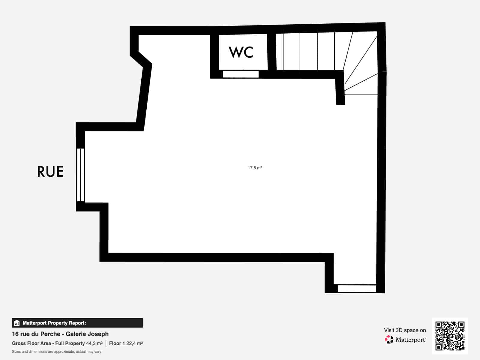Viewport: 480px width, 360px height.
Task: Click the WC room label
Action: (241, 52)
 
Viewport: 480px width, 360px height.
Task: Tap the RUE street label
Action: (50, 172)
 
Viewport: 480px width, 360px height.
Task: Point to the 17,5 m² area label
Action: (255, 168)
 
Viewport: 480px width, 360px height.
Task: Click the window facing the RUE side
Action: (80, 175)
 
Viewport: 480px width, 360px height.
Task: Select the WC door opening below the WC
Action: (241, 74)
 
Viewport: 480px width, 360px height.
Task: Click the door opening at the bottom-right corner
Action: (357, 289)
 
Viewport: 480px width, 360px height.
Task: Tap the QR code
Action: (450, 336)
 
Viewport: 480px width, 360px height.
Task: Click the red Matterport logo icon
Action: (389, 340)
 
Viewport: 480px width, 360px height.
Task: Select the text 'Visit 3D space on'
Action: (405, 330)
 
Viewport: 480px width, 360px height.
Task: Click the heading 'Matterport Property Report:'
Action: (55, 323)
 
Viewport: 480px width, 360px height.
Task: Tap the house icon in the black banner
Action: (17, 323)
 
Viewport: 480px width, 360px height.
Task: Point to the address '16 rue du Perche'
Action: (36, 334)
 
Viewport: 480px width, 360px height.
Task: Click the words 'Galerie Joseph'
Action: (87, 334)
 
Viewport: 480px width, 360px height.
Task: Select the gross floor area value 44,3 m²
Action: (94, 343)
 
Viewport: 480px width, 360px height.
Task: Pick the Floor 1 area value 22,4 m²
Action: (134, 343)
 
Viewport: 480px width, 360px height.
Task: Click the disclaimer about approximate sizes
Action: (57, 352)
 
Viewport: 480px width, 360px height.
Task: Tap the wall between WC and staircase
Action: (271, 52)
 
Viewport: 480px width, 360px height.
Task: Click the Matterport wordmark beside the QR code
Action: (410, 340)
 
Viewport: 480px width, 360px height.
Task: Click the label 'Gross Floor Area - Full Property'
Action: (48, 343)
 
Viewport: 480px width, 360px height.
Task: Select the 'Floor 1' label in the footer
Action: (117, 343)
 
